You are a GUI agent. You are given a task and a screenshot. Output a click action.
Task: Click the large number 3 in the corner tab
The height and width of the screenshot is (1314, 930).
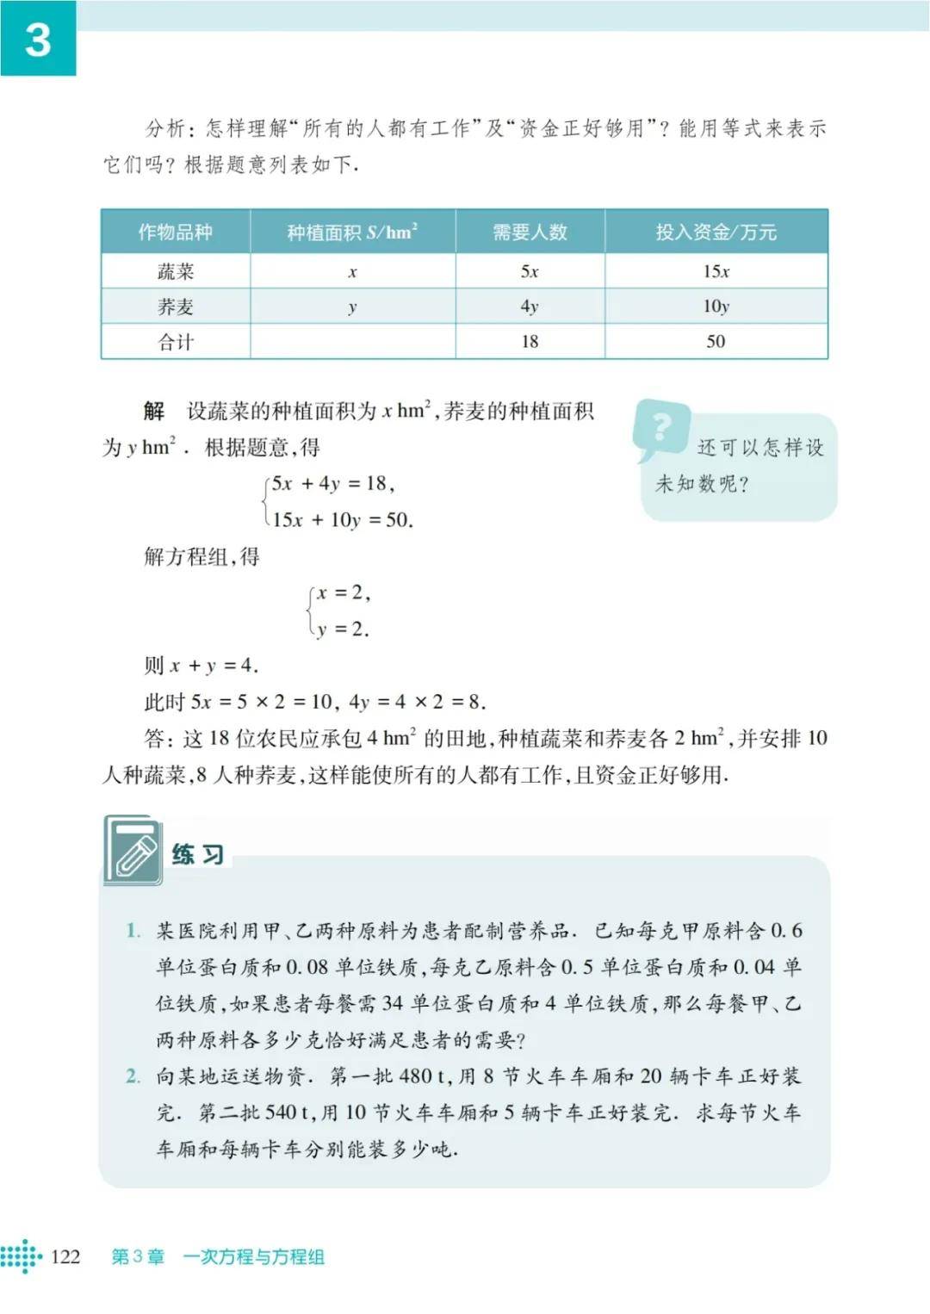point(38,40)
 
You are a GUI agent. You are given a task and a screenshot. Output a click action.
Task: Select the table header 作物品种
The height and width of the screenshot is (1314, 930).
point(175,232)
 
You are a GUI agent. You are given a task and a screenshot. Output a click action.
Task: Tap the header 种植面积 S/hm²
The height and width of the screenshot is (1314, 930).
point(352,232)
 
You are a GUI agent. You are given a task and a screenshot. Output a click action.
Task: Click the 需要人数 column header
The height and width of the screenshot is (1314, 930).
point(530,232)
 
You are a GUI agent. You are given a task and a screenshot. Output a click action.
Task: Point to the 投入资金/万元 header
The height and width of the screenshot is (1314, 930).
point(716,232)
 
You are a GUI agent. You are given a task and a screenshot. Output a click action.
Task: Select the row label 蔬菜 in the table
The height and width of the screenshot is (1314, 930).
point(176,271)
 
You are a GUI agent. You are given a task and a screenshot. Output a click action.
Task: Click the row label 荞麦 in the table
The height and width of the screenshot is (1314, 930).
point(176,307)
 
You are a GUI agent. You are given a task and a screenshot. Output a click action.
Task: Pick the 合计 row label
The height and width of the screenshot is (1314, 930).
point(176,342)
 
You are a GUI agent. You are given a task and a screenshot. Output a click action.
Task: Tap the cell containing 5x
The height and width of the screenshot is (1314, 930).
point(530,271)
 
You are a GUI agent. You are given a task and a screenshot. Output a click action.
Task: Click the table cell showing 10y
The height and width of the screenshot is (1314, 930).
point(716,307)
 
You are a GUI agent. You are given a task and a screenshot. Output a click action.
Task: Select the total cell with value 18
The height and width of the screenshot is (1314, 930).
point(530,342)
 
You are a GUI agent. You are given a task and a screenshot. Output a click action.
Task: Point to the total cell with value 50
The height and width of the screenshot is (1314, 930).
point(716,342)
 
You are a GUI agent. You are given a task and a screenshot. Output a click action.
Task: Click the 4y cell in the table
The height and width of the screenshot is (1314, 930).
point(530,307)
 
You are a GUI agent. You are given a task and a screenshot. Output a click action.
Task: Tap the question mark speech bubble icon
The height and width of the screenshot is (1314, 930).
point(661,428)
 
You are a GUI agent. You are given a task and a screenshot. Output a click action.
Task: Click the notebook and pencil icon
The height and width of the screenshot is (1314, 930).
point(133,851)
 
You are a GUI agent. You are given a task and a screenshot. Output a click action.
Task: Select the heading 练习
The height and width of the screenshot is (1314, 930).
point(198,854)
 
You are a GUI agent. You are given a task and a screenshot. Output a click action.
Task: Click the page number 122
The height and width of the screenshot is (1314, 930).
point(65,1256)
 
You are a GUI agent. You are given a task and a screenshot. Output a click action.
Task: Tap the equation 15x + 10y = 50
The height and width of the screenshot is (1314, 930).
point(343,519)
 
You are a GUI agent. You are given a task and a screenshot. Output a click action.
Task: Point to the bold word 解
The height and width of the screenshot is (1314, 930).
point(154,411)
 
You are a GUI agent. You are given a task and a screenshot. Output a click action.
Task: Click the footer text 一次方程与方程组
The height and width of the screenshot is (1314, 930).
point(253,1256)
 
